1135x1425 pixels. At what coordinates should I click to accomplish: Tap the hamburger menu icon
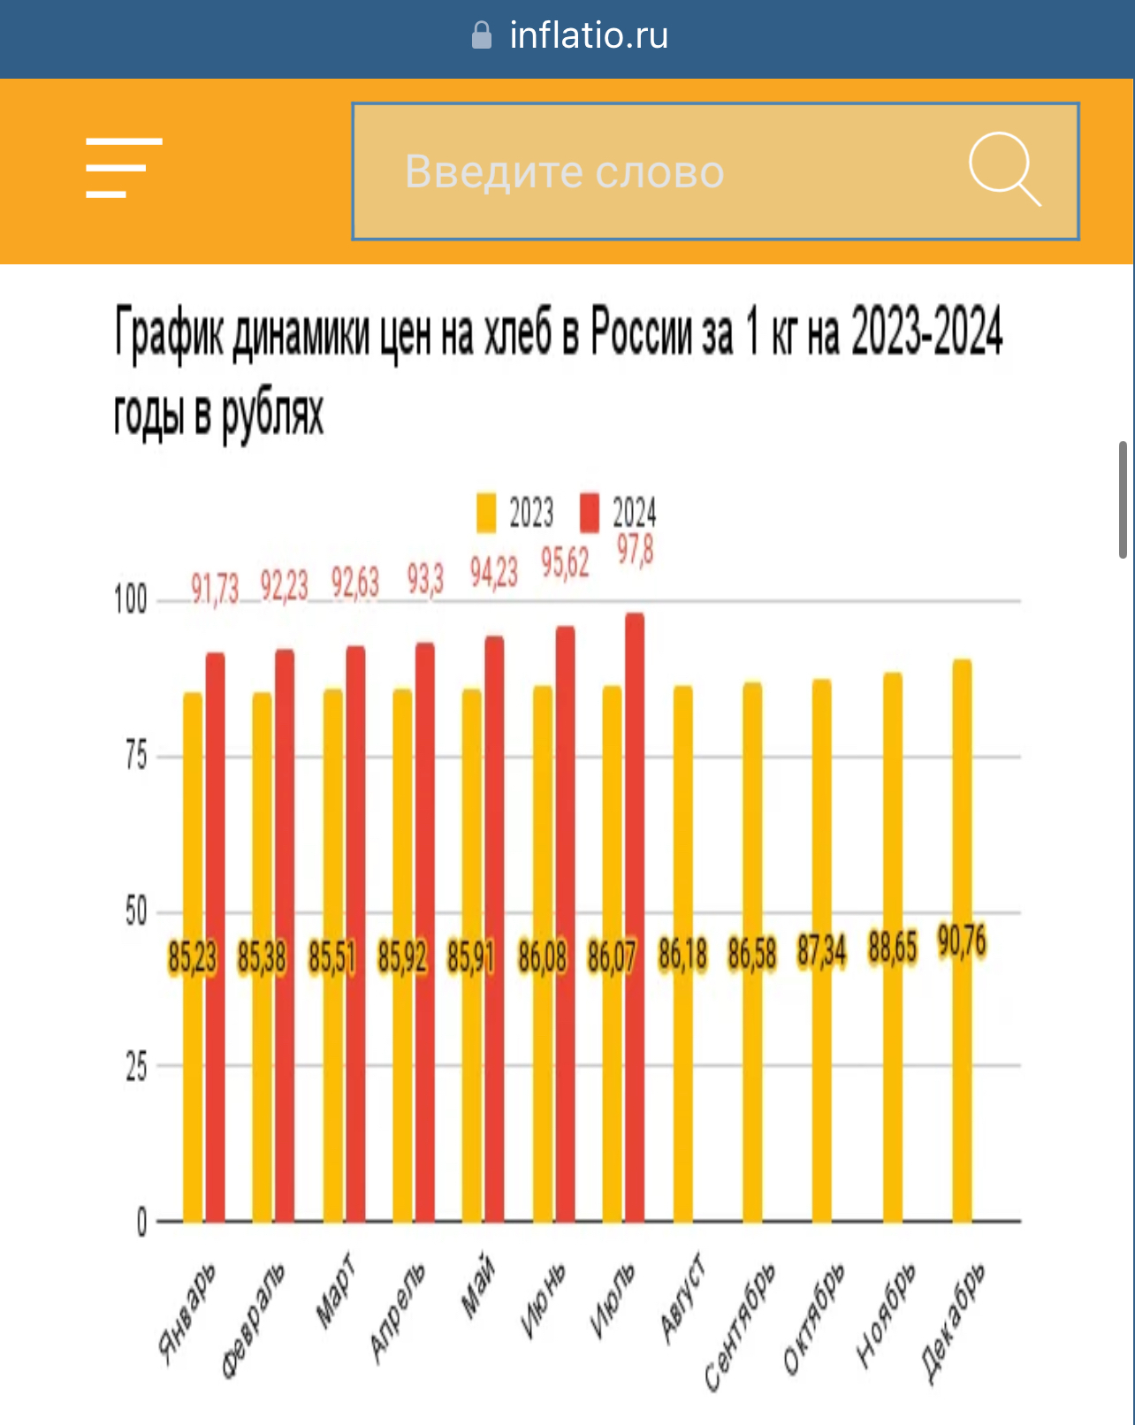[124, 168]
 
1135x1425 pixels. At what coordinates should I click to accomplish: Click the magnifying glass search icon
[1004, 169]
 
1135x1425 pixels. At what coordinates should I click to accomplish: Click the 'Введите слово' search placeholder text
[564, 171]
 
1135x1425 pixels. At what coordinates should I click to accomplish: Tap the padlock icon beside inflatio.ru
[482, 35]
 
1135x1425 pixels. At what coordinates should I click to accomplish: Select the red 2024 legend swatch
[590, 513]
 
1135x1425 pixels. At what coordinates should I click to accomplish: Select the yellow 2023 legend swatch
[486, 513]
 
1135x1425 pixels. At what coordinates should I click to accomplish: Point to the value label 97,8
[635, 551]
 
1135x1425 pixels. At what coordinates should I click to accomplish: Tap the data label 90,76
[962, 942]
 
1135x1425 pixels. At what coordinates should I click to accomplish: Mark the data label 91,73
[215, 588]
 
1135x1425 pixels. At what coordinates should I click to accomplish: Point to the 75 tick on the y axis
[136, 756]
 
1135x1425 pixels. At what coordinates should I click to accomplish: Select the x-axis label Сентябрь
[740, 1326]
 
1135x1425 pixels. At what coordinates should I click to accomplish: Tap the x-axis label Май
[478, 1286]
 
